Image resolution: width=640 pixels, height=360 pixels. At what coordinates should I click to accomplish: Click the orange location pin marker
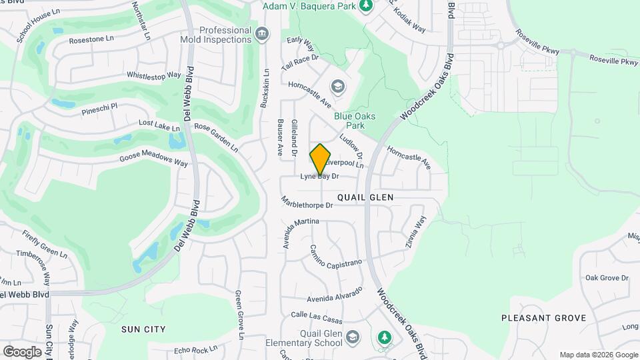click(320, 159)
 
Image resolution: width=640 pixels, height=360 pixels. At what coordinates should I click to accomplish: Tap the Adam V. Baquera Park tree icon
click(365, 6)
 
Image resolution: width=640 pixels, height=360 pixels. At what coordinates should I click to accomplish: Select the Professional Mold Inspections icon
click(262, 33)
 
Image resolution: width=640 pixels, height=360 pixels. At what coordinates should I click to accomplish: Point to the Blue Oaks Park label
click(355, 121)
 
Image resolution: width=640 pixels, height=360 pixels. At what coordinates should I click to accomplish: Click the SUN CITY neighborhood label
click(143, 329)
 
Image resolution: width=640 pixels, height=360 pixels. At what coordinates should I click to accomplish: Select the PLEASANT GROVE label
click(543, 318)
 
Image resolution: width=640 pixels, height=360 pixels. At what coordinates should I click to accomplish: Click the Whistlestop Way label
click(154, 76)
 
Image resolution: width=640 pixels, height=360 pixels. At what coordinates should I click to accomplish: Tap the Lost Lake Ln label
click(159, 125)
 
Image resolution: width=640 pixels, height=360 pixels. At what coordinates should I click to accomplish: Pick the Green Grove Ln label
click(239, 315)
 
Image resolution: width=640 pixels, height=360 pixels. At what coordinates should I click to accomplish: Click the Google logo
click(22, 351)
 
